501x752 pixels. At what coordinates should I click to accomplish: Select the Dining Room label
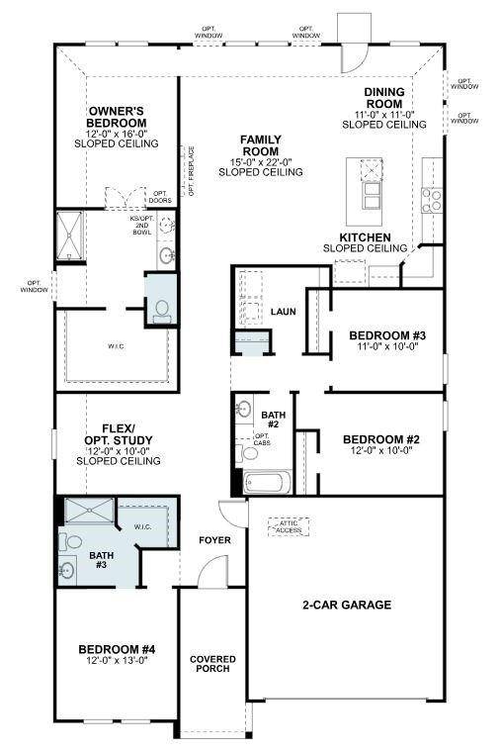383,97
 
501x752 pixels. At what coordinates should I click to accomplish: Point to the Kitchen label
365,238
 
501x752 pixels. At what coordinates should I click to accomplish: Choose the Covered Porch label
209,664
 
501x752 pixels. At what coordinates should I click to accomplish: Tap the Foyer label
214,540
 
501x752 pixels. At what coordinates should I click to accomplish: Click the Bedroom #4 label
117,649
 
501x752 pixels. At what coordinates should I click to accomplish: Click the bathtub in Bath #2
267,484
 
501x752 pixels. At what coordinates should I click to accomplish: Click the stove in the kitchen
432,201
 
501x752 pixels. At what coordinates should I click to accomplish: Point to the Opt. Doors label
159,197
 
